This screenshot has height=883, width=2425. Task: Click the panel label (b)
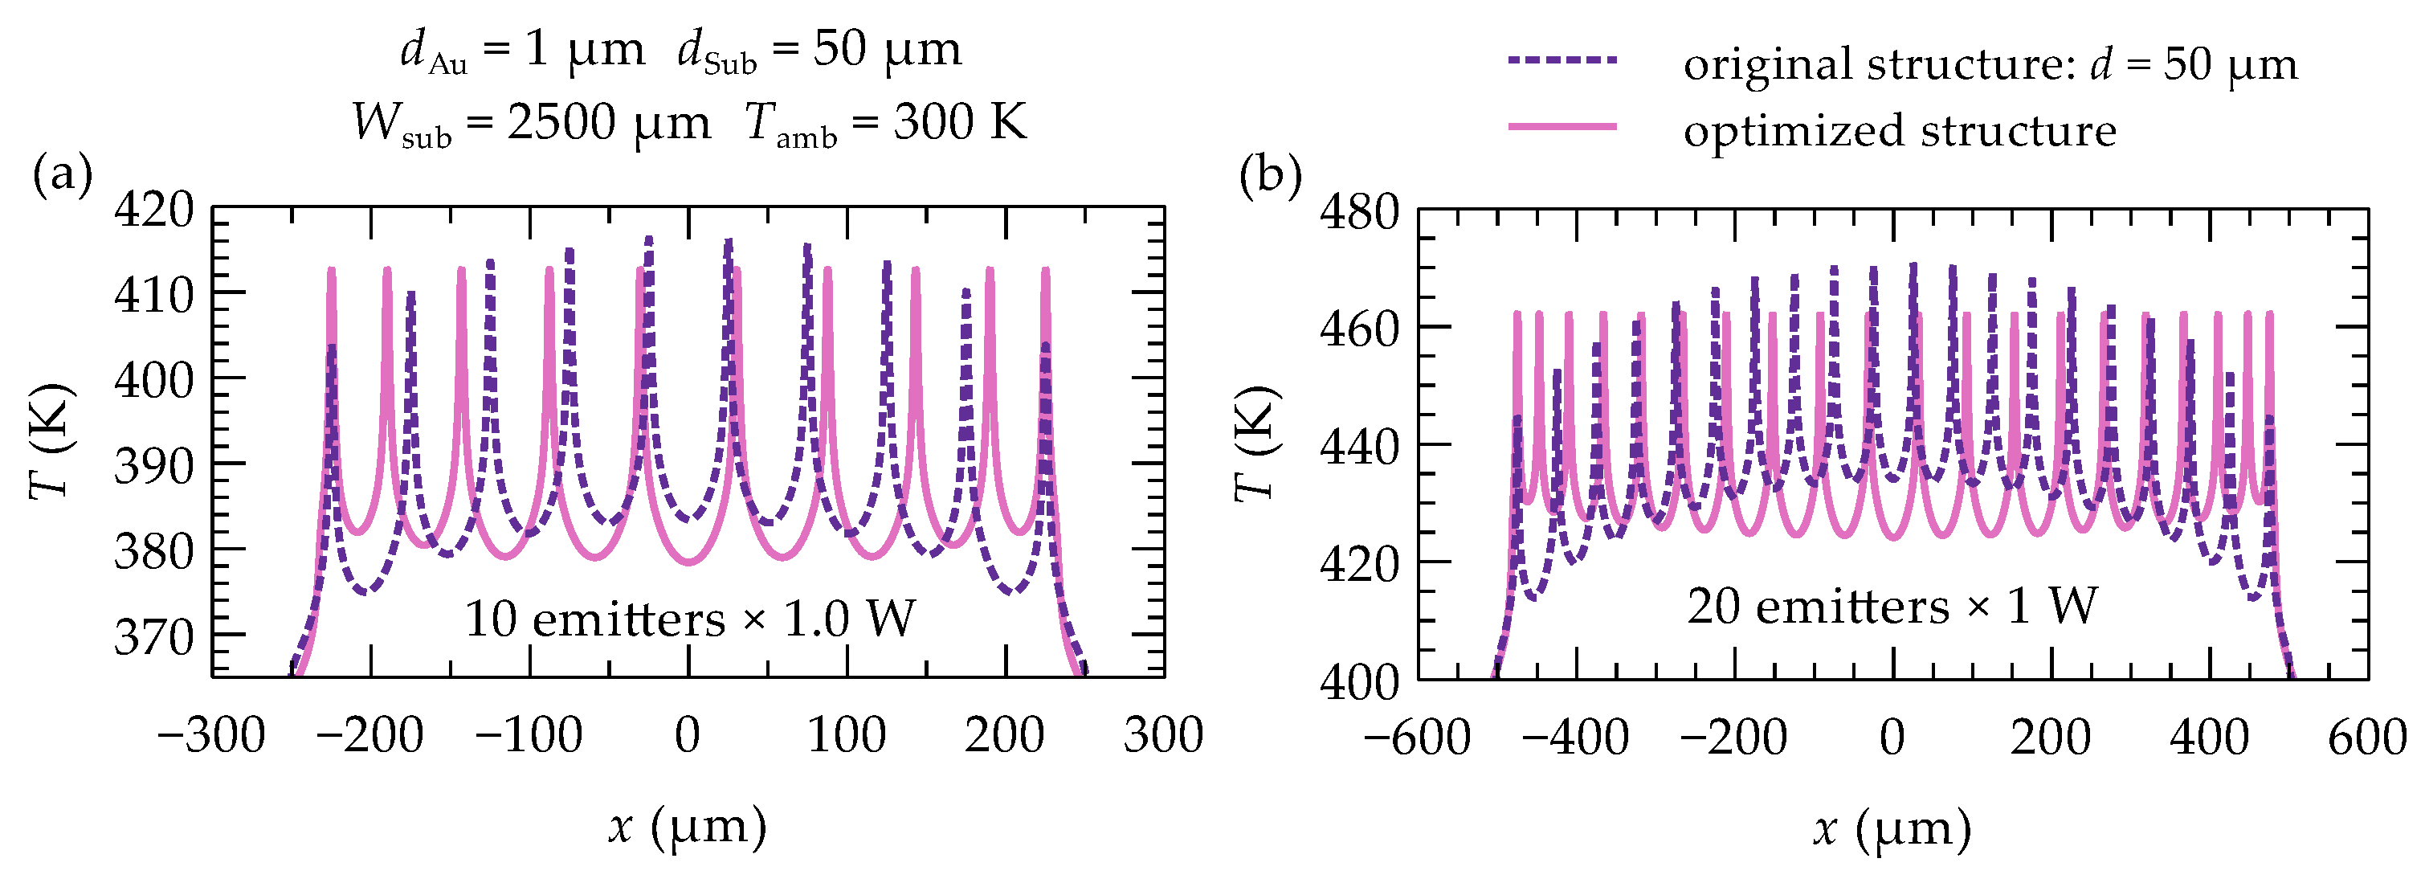(x=1270, y=175)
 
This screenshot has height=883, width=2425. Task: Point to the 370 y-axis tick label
(x=153, y=636)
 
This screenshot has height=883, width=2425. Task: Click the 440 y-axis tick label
(x=1359, y=446)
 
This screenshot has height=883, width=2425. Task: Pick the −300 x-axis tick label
(x=212, y=734)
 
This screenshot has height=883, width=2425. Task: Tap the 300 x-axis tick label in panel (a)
(x=1164, y=734)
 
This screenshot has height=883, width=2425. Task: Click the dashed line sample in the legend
(x=1562, y=60)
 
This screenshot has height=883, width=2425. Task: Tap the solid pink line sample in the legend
(x=1562, y=126)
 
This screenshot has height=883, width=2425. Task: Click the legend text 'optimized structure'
(x=1900, y=130)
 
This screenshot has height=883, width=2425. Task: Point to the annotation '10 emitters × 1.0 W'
(x=690, y=619)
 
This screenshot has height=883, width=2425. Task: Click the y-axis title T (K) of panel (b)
(x=1257, y=443)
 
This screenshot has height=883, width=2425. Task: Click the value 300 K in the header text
(x=960, y=121)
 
